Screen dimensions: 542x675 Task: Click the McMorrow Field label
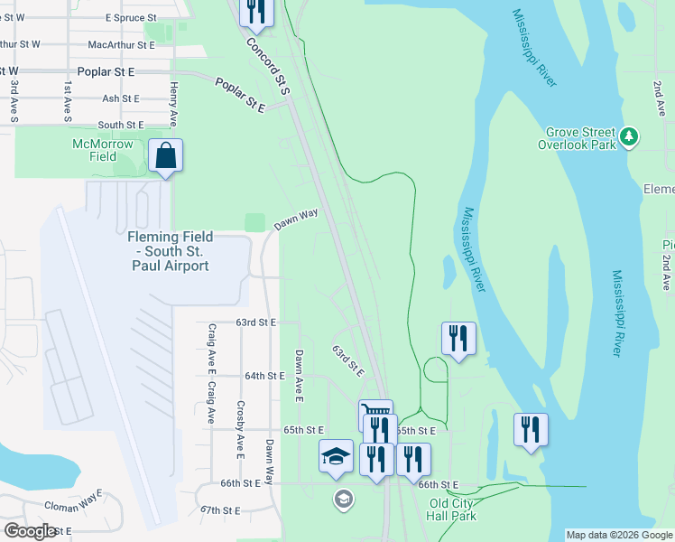click(x=103, y=150)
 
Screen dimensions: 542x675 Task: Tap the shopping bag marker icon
click(x=167, y=155)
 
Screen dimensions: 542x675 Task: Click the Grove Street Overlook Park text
click(x=577, y=138)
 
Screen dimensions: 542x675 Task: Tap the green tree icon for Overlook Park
click(x=629, y=137)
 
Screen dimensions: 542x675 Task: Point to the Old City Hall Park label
click(x=452, y=509)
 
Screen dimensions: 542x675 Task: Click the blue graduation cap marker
click(x=336, y=456)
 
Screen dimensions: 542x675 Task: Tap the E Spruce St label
click(x=131, y=17)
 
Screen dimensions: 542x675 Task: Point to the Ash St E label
click(x=121, y=98)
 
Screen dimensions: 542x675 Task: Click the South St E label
click(x=121, y=125)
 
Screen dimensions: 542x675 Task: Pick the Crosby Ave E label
click(x=240, y=427)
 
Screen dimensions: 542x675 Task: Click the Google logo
click(x=31, y=531)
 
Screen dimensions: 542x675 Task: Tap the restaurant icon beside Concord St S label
click(x=257, y=9)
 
